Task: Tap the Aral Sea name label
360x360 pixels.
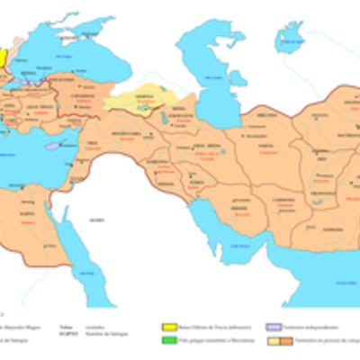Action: pos(290,40)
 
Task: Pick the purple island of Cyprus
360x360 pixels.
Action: pos(53,144)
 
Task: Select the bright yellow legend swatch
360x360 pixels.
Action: pos(167,328)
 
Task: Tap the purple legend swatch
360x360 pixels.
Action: pos(271,328)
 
